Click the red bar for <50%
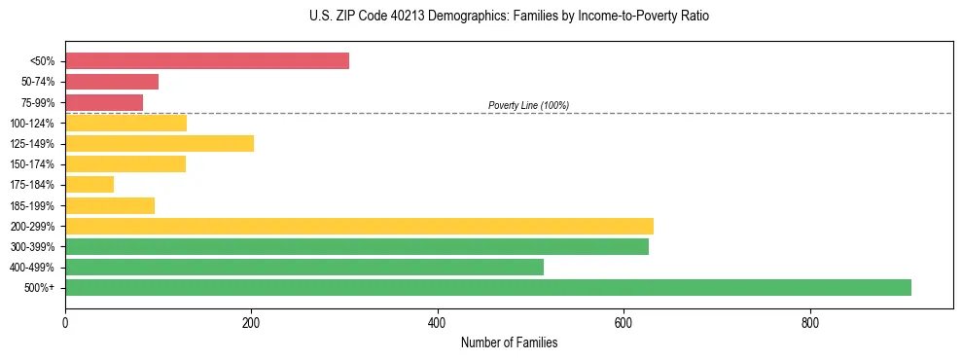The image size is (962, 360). pyautogui.click(x=207, y=61)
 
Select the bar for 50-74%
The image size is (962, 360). pyautogui.click(x=112, y=82)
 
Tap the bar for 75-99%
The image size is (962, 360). pyautogui.click(x=104, y=102)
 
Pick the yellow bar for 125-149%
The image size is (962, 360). pyautogui.click(x=160, y=143)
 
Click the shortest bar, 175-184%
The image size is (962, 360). pyautogui.click(x=89, y=184)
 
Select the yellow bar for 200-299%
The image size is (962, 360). pyautogui.click(x=359, y=226)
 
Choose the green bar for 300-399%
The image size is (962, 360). pyautogui.click(x=357, y=246)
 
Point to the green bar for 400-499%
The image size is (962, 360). pyautogui.click(x=304, y=267)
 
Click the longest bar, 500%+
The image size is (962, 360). pyautogui.click(x=488, y=287)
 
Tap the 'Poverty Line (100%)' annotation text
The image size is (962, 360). pyautogui.click(x=528, y=105)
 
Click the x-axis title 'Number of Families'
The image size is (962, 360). pyautogui.click(x=509, y=342)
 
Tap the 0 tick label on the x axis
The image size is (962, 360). pyautogui.click(x=65, y=322)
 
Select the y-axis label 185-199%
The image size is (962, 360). pyautogui.click(x=32, y=205)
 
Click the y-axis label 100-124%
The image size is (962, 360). pyautogui.click(x=32, y=123)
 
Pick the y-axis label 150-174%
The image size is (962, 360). pyautogui.click(x=32, y=164)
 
